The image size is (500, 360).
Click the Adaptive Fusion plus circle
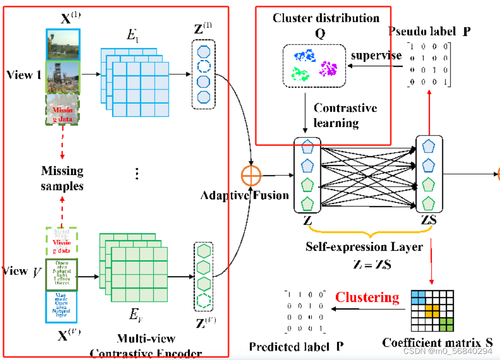252,176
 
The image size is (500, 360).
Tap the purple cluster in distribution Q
328,68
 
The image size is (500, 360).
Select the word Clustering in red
368,297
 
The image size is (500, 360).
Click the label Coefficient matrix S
437,342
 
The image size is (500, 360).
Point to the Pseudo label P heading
436,31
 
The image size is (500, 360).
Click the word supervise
376,55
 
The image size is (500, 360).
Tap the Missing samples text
62,178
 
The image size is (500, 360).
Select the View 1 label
23,75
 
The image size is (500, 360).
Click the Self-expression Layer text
363,247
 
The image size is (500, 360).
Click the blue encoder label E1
132,36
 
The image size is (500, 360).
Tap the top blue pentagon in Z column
307,148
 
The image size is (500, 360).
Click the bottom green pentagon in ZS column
428,204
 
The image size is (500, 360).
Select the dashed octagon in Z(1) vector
203,66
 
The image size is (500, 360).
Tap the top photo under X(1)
63,44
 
